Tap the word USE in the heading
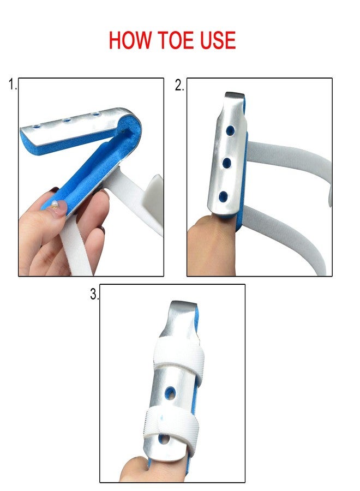[x=218, y=40]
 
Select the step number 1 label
[x=13, y=85]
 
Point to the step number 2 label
[x=179, y=85]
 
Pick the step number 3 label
[x=94, y=294]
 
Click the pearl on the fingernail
[x=55, y=204]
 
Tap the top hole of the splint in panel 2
[x=230, y=130]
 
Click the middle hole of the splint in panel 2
[x=227, y=163]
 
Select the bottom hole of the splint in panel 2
[x=223, y=196]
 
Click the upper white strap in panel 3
[x=178, y=355]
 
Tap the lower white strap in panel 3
[x=171, y=425]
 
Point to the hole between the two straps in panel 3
[x=170, y=393]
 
